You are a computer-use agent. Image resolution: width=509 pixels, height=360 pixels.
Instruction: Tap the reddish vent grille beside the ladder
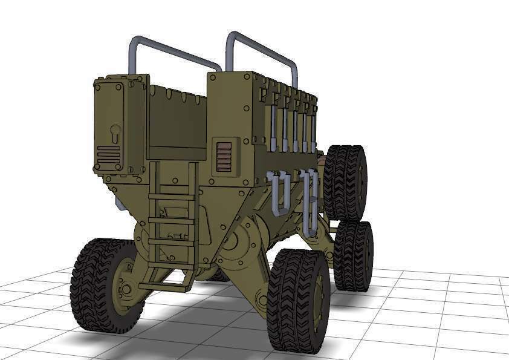click(x=224, y=157)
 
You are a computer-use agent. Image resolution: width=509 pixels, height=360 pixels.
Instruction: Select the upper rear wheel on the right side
click(x=345, y=182)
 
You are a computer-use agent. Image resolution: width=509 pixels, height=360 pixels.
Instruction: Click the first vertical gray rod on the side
click(x=273, y=127)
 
